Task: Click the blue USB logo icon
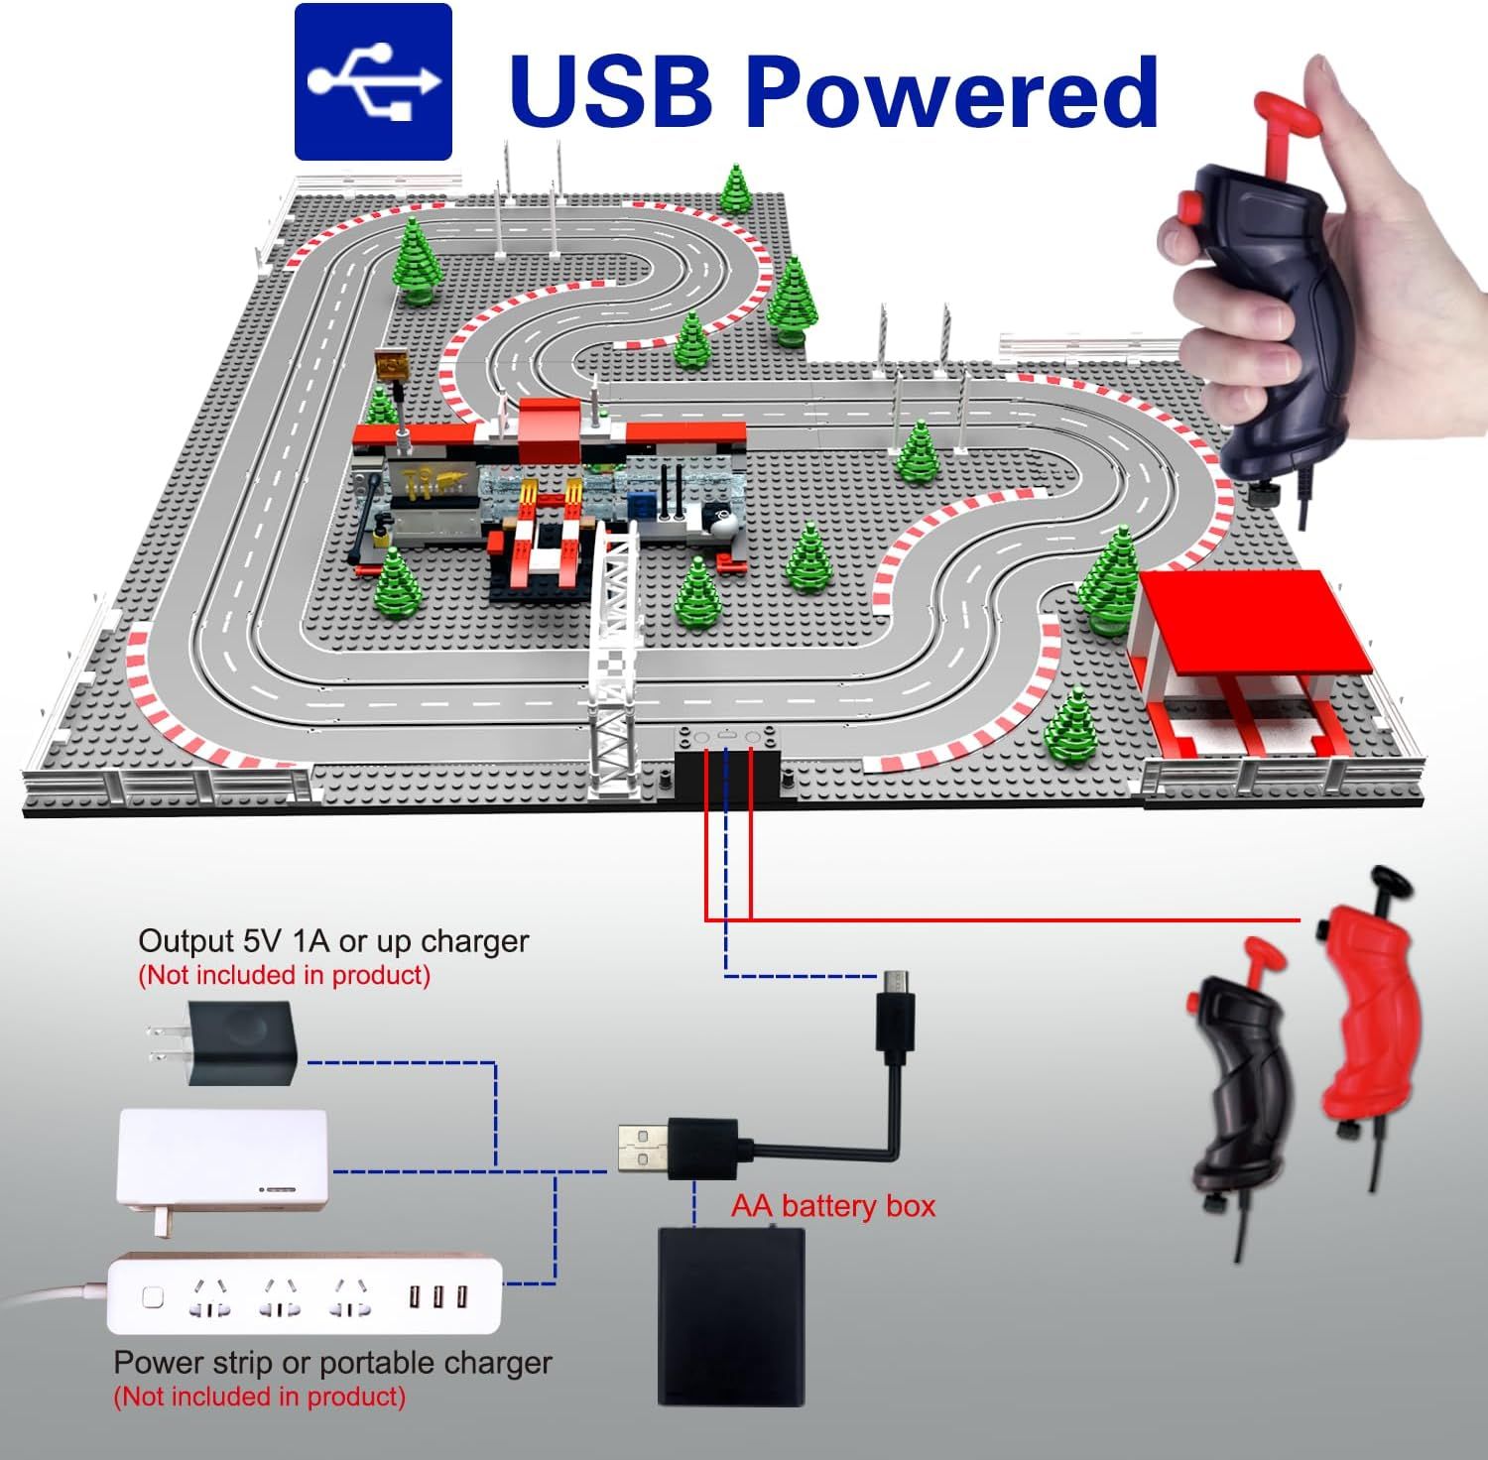click(x=373, y=81)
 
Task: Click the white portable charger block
click(x=223, y=1165)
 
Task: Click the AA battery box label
click(x=833, y=1206)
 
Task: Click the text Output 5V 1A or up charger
click(x=333, y=940)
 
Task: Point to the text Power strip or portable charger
click(x=332, y=1363)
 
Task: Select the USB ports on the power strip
click(x=437, y=1295)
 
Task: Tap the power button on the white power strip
click(x=153, y=1295)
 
